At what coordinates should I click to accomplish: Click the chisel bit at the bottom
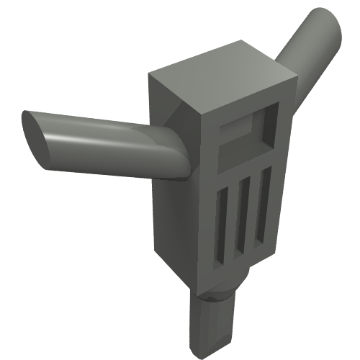[212, 324]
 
